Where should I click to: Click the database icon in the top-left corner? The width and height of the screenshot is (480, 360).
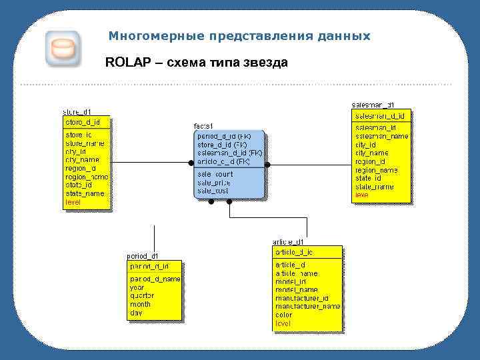(x=62, y=49)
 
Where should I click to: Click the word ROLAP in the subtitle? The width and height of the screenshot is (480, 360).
(x=124, y=63)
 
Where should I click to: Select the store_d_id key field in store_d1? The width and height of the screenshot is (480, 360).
(x=83, y=122)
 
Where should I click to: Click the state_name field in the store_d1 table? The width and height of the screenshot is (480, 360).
(x=85, y=193)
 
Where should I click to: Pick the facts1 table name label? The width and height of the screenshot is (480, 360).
(x=203, y=126)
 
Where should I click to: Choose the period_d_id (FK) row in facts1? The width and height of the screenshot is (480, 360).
(x=224, y=135)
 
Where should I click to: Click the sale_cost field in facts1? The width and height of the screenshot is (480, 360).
(x=213, y=191)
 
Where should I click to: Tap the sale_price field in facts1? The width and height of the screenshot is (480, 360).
(x=214, y=182)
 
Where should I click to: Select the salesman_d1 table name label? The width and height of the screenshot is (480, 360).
(x=373, y=105)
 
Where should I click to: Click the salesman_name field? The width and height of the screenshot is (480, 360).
(x=381, y=136)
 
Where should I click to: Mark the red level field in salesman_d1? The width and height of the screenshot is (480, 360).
(x=361, y=195)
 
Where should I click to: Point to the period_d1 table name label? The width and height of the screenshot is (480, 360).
(x=143, y=255)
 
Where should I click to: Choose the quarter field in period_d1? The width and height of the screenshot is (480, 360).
(x=142, y=295)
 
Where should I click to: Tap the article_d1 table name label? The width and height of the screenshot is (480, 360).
(x=288, y=241)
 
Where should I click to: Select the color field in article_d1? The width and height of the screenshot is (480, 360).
(x=283, y=315)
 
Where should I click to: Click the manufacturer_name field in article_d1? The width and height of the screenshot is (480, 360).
(x=307, y=306)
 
